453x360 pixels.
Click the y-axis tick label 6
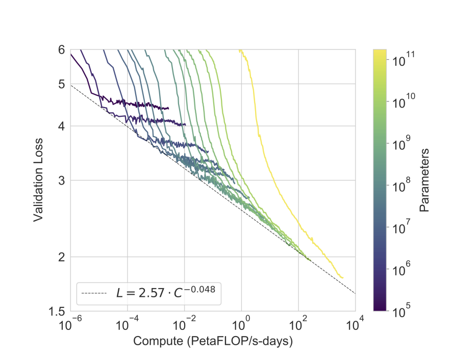point(61,50)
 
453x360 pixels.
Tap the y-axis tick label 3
point(61,180)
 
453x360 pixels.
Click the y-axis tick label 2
point(61,257)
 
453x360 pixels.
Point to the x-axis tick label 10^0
point(241,323)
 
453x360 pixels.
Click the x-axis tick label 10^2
point(298,323)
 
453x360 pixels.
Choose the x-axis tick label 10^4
point(355,323)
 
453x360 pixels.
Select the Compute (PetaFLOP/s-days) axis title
point(213,341)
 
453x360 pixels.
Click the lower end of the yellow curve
point(342,278)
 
